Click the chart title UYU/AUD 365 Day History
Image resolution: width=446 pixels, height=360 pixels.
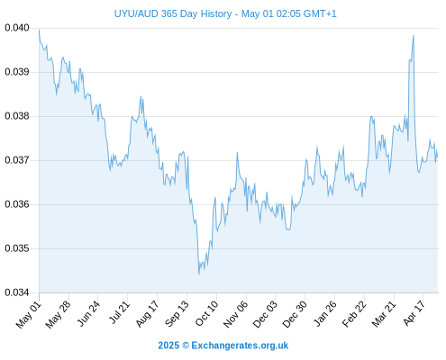coord(173,13)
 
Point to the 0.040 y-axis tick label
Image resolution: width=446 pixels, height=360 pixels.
coord(17,28)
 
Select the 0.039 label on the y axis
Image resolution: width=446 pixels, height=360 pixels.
coord(17,72)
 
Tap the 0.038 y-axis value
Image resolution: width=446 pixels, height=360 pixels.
coord(17,116)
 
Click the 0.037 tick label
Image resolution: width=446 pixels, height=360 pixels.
coord(17,160)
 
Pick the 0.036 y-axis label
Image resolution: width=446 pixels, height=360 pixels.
coord(17,204)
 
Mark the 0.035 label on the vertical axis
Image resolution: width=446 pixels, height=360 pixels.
coord(17,248)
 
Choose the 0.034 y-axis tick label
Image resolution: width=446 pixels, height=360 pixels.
coord(17,292)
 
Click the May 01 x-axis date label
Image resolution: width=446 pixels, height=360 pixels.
coord(29,315)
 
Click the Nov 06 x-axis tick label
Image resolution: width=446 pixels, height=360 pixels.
coord(236,314)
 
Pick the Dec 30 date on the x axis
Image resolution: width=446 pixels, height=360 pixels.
coord(295,314)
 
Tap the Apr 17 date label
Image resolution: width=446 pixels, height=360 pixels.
coord(414,313)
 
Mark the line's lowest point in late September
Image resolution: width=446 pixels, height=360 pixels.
coord(199,274)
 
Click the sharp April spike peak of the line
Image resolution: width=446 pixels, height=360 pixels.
coord(414,35)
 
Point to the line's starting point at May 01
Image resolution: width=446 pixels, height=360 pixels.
coord(39,30)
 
